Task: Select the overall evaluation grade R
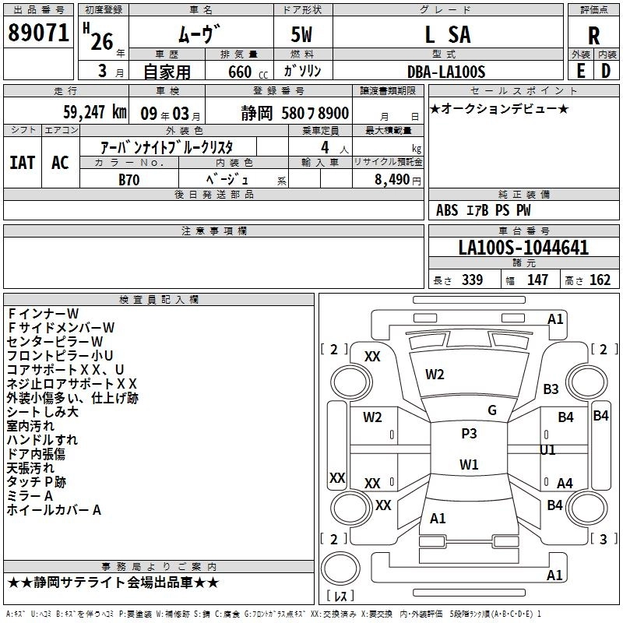(593, 36)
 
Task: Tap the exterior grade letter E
(580, 69)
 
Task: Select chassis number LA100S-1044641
(523, 248)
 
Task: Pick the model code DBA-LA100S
(445, 72)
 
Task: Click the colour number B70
(129, 178)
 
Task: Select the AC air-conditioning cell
(60, 163)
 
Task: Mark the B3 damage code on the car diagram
(551, 389)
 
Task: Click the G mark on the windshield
(491, 410)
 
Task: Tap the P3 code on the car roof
(469, 434)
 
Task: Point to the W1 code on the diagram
(469, 465)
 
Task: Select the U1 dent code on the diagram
(548, 450)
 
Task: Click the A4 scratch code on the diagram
(565, 484)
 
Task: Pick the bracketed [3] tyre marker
(601, 539)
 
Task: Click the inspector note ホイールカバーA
(54, 510)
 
